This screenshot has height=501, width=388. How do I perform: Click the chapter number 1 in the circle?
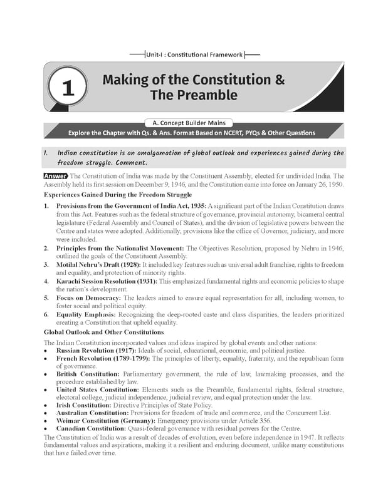coord(69,88)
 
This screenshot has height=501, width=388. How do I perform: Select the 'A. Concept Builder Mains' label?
coord(193,123)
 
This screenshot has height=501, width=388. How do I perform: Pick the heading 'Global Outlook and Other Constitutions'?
coord(105,331)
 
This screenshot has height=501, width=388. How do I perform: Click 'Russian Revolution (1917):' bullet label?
coord(95,351)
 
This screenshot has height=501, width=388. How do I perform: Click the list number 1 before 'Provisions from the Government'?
coord(46,205)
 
